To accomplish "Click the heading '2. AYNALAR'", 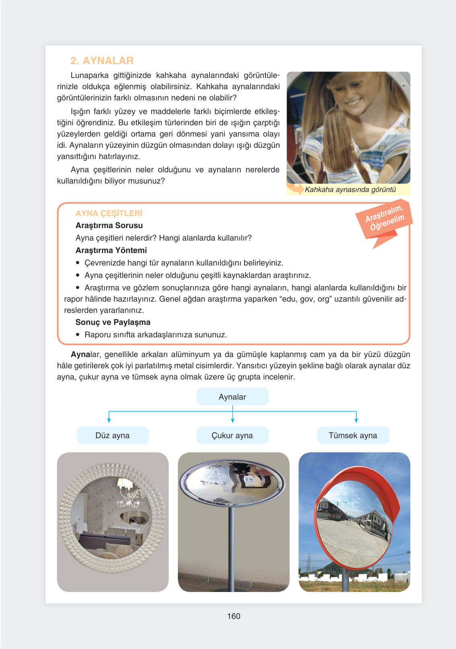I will [102, 61].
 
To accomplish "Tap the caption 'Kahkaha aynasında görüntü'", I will [350, 190].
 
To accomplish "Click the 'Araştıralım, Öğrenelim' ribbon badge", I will [384, 219].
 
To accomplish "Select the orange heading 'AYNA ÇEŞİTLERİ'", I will [109, 213].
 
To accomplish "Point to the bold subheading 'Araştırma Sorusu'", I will [109, 225].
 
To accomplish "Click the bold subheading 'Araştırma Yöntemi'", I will [111, 250].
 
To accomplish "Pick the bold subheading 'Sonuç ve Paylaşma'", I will [113, 322].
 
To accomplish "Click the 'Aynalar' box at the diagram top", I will [232, 397].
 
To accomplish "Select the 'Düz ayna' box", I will [113, 435].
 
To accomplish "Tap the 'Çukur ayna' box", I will [232, 435].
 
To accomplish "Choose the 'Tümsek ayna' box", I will [353, 435].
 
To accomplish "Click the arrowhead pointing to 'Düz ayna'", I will [109, 420].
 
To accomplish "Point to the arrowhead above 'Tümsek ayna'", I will [356, 420].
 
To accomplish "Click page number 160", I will [234, 616].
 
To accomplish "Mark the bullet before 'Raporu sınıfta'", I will [78, 335].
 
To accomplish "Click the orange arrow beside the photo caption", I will [295, 189].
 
